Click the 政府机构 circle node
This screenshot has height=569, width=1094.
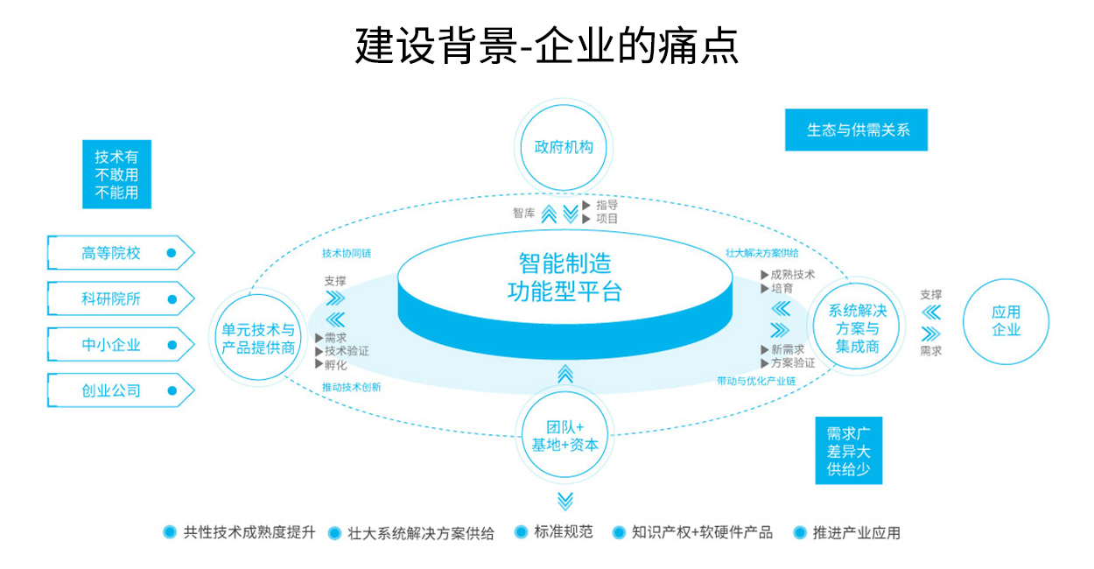[x=565, y=147]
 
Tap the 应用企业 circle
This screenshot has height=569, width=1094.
[x=1006, y=321]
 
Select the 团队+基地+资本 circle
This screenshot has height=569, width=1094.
[x=565, y=435]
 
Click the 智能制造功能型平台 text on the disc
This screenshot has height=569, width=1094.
[x=565, y=277]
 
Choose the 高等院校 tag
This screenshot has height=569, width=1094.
[x=111, y=253]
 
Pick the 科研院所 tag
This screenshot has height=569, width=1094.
[x=111, y=299]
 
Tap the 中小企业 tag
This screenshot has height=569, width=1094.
[x=111, y=345]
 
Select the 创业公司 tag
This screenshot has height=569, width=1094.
[x=111, y=390]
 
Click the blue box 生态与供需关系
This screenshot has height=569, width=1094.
[x=857, y=130]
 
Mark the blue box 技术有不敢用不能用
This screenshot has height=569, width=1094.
[x=116, y=175]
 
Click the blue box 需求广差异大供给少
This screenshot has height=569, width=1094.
[x=848, y=451]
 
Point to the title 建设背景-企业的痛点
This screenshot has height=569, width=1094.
[x=547, y=46]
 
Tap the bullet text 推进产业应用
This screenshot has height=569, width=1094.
[x=856, y=532]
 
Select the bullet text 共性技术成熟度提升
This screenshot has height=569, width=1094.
[x=249, y=532]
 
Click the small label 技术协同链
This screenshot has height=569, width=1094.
[x=347, y=253]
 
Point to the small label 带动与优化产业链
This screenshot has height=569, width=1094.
[x=756, y=381]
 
